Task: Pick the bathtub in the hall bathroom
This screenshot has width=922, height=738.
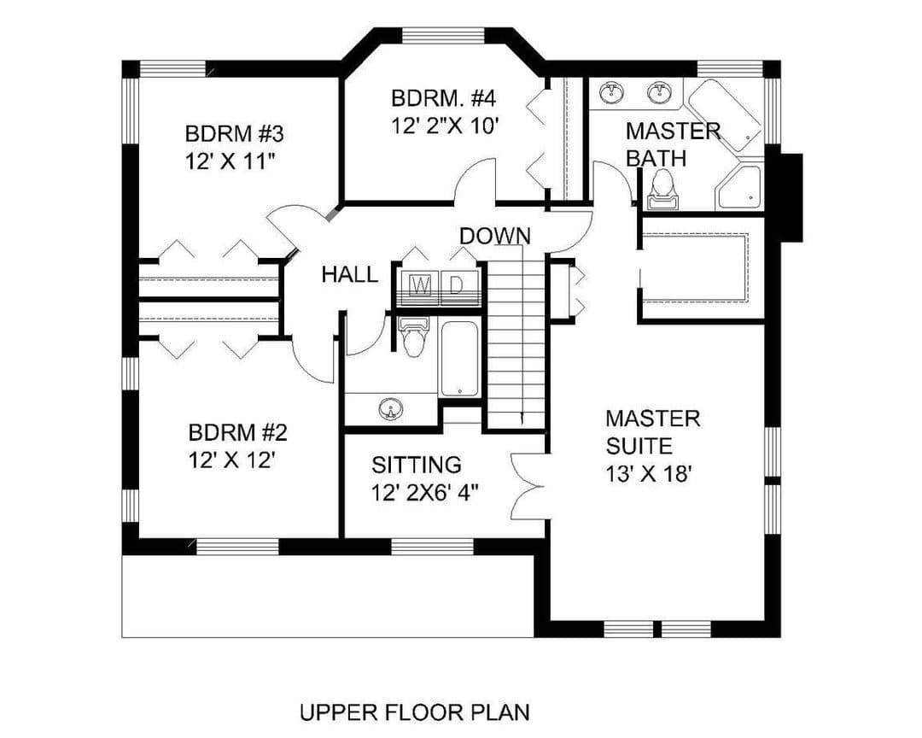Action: tap(460, 359)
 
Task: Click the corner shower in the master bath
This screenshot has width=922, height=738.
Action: tap(739, 188)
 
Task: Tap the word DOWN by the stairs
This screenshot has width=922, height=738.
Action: tap(494, 236)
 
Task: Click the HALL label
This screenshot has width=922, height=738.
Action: tap(350, 274)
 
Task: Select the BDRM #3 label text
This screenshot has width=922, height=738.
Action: tap(234, 133)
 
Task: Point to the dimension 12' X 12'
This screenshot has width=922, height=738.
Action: tap(232, 460)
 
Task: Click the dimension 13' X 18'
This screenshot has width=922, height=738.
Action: tap(647, 473)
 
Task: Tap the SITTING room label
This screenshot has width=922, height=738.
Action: tap(417, 465)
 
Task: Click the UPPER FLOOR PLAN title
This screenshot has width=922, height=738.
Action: tap(415, 712)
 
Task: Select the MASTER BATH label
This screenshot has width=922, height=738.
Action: tap(673, 144)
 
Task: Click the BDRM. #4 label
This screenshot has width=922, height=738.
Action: tap(443, 97)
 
